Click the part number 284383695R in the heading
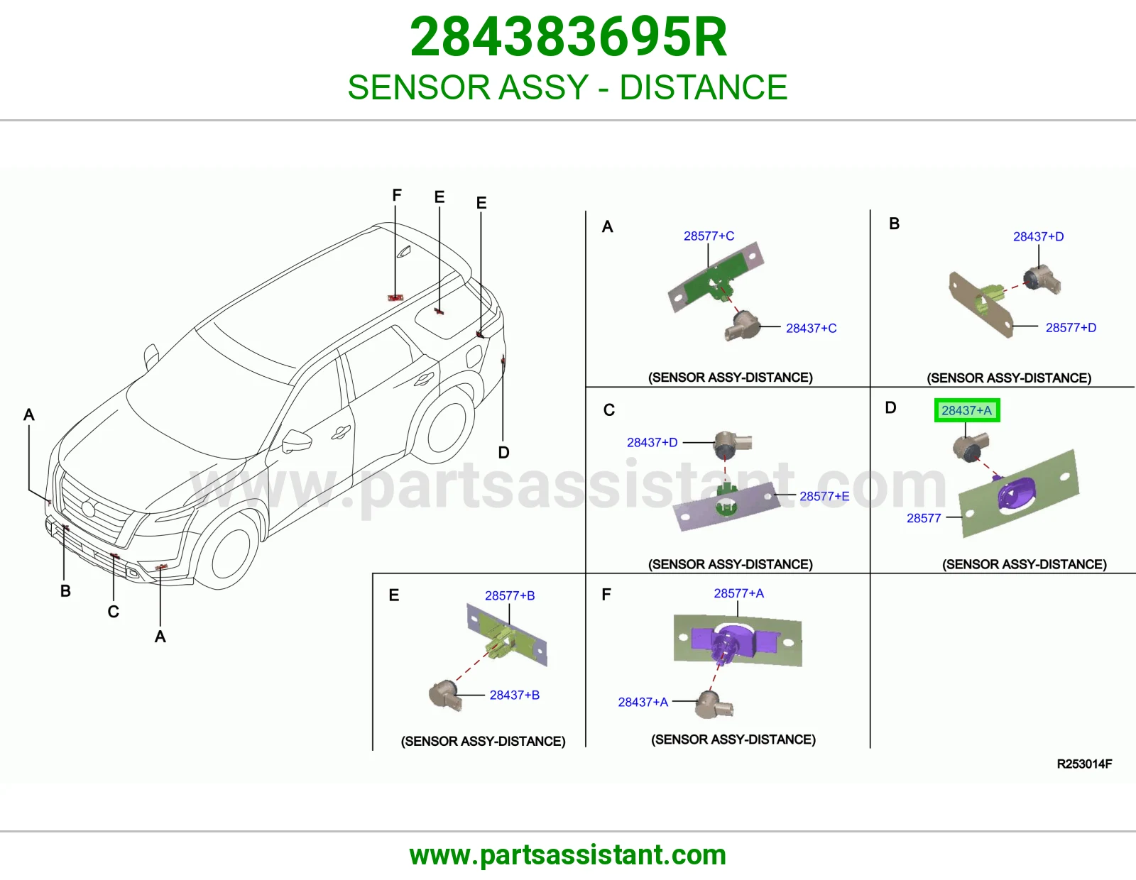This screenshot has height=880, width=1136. point(568,37)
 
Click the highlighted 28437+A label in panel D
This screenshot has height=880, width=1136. point(966,410)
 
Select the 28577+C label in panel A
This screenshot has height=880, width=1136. point(709,236)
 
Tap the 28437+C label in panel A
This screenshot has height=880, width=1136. point(811,328)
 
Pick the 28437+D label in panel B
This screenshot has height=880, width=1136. point(1038,237)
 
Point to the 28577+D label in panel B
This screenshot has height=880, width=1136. point(1071,328)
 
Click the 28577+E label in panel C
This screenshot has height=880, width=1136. point(824,496)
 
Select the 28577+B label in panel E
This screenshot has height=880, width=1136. point(510,595)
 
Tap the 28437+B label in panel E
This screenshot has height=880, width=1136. point(515,695)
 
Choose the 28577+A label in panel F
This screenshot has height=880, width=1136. point(738,593)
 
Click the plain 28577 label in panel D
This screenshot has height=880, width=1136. point(924,518)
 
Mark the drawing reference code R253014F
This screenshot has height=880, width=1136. point(1084,764)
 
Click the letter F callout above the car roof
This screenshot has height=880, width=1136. point(397,195)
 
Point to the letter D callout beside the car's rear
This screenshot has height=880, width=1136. point(503,453)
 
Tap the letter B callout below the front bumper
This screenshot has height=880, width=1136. point(65,591)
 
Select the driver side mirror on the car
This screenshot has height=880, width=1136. point(295,441)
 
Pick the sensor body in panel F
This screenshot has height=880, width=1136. point(714,705)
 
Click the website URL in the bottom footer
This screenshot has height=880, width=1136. point(568,855)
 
